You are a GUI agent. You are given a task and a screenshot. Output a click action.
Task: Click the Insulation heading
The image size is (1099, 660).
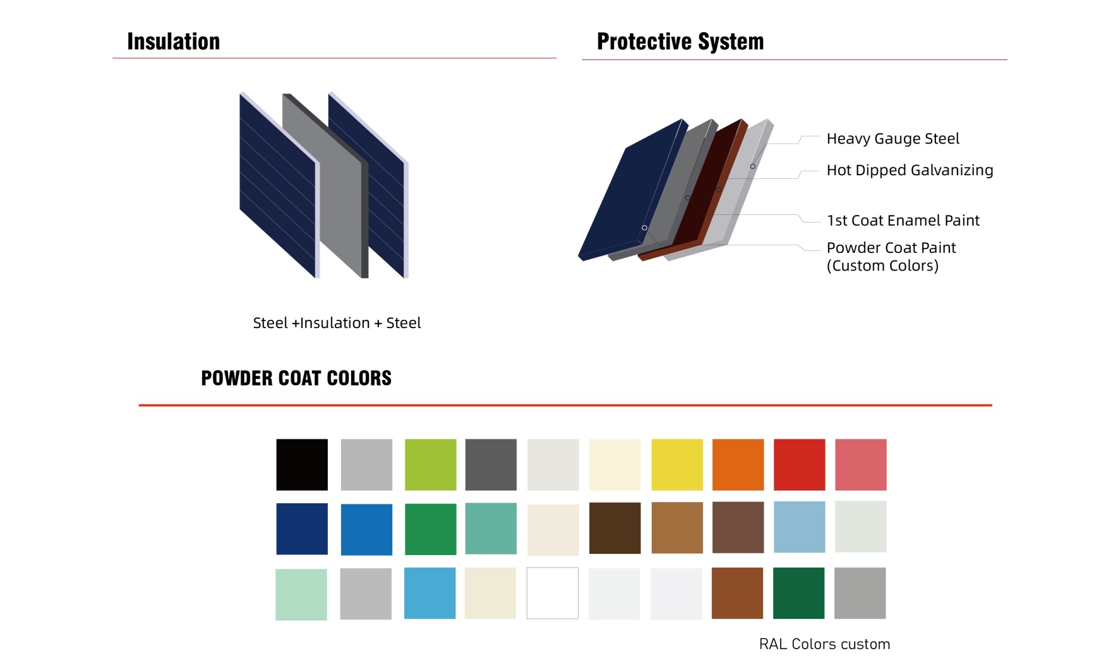coord(174,42)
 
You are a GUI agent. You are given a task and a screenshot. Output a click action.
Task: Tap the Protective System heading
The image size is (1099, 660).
coord(680,42)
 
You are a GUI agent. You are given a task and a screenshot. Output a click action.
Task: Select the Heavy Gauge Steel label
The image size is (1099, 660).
coord(892,139)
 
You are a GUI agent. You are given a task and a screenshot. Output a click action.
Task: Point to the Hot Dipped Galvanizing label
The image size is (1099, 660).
coord(910,171)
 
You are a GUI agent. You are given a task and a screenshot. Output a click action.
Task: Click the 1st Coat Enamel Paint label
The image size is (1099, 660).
coord(903,221)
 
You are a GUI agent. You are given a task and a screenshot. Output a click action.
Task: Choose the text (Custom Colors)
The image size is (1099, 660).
coord(882,266)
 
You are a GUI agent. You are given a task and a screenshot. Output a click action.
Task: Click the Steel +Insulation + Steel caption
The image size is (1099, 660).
coord(337,323)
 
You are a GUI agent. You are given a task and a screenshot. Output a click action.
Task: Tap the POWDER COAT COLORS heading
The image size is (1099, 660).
coord(296,378)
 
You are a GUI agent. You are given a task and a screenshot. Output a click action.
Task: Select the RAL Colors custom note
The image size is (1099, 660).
coord(824,644)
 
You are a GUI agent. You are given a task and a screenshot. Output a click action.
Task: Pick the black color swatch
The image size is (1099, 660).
coord(302,465)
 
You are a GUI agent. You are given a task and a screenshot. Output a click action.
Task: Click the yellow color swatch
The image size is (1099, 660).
coord(677,465)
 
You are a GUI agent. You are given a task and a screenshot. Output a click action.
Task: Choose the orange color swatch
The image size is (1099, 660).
coord(738,465)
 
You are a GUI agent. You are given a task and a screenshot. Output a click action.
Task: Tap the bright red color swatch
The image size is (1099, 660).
coord(800,465)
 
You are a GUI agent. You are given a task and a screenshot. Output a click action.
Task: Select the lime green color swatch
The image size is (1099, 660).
coord(431,465)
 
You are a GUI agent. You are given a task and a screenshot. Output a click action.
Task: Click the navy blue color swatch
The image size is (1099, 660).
coord(302,529)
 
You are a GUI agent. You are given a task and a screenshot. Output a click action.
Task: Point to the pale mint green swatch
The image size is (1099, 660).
coord(301,594)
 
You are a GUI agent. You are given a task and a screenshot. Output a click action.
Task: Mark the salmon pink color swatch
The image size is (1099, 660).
coord(861,465)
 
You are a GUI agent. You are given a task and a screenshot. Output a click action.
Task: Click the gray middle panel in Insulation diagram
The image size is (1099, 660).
coord(322,183)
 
